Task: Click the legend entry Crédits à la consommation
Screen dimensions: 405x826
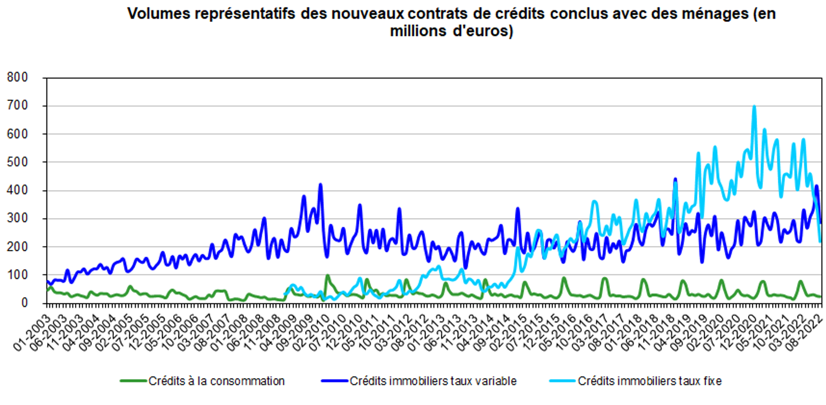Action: (x=216, y=381)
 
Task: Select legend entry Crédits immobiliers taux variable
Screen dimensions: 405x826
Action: (x=432, y=381)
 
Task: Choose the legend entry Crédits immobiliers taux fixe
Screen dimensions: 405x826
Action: (x=649, y=381)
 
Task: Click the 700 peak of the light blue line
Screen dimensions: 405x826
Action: (x=754, y=107)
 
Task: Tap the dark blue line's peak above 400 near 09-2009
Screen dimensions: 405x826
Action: (x=320, y=184)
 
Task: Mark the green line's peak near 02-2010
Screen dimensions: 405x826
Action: (x=327, y=275)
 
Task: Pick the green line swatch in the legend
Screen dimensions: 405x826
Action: (x=132, y=381)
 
